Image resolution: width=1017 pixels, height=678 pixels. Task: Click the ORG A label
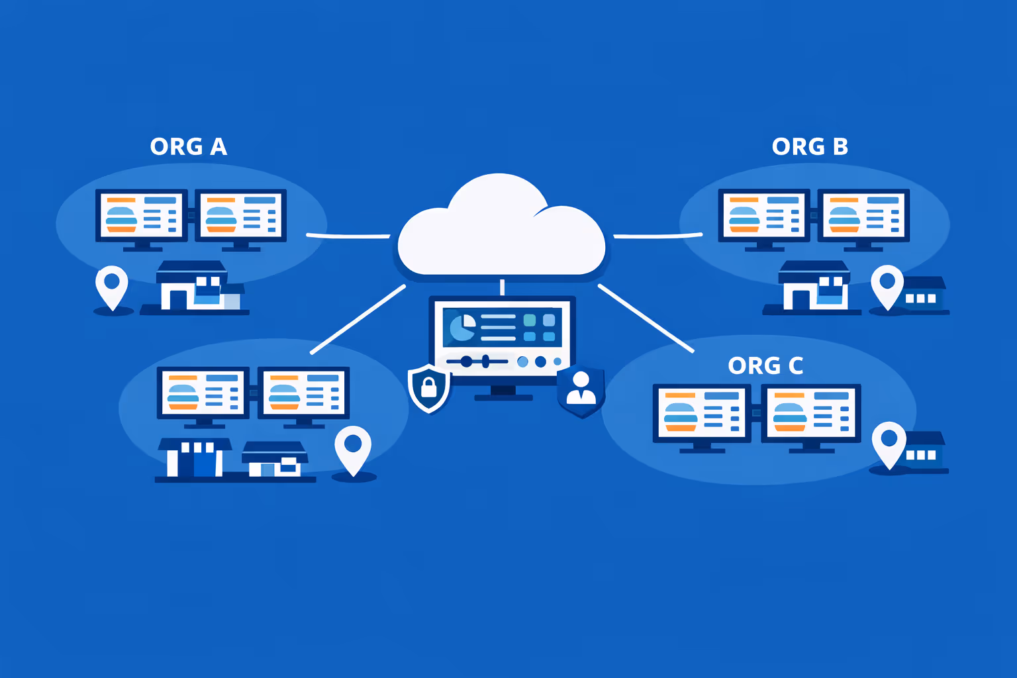(189, 146)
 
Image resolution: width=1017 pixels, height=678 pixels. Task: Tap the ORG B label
(810, 146)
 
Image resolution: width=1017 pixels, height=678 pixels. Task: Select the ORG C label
(765, 365)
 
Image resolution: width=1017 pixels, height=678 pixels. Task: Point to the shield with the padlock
(429, 387)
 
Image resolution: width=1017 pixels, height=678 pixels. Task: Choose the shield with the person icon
(581, 391)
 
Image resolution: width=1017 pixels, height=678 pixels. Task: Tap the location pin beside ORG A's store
(112, 286)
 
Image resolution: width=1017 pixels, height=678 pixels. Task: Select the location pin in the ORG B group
(887, 285)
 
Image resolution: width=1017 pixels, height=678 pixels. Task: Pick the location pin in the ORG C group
(889, 442)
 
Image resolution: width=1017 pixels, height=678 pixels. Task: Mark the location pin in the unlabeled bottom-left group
(353, 448)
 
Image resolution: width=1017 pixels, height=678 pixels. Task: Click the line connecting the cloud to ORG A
(348, 235)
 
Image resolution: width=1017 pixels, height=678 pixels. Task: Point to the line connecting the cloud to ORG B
(657, 235)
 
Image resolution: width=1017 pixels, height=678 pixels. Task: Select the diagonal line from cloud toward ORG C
(646, 318)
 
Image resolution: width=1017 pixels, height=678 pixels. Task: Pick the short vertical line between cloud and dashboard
(502, 287)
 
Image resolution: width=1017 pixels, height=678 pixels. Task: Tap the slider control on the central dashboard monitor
(477, 362)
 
